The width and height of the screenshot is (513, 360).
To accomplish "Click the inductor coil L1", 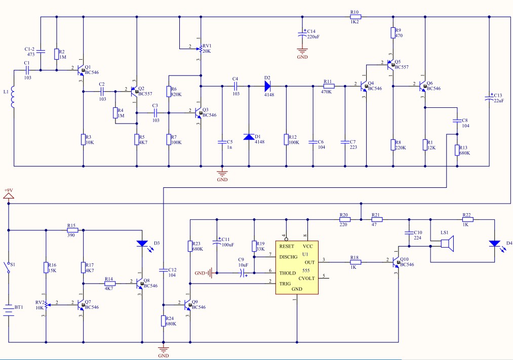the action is pyautogui.click(x=13, y=97).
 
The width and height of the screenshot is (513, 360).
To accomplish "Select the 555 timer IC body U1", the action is pyautogui.click(x=297, y=267).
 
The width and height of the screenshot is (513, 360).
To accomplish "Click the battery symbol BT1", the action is pyautogui.click(x=9, y=310).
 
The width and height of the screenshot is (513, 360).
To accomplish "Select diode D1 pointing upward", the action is pyautogui.click(x=249, y=137).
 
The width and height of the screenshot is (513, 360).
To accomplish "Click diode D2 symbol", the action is pyautogui.click(x=267, y=86).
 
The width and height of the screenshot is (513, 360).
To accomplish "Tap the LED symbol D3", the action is pyautogui.click(x=142, y=244).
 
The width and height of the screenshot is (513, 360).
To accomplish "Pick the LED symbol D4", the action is pyautogui.click(x=494, y=244).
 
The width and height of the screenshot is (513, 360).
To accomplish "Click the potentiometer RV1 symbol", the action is pyautogui.click(x=200, y=49).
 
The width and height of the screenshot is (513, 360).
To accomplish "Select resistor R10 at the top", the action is pyautogui.click(x=355, y=17).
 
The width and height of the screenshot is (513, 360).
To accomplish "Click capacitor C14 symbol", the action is pyautogui.click(x=302, y=34).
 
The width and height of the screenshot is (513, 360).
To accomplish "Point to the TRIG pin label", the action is pyautogui.click(x=285, y=284).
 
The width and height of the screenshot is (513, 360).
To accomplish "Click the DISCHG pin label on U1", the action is pyautogui.click(x=288, y=257).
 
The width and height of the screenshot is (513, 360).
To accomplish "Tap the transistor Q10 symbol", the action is pyautogui.click(x=396, y=262).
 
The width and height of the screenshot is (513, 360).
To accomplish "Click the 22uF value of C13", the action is pyautogui.click(x=499, y=101).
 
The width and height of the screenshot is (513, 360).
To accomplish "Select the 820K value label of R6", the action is pyautogui.click(x=176, y=95).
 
